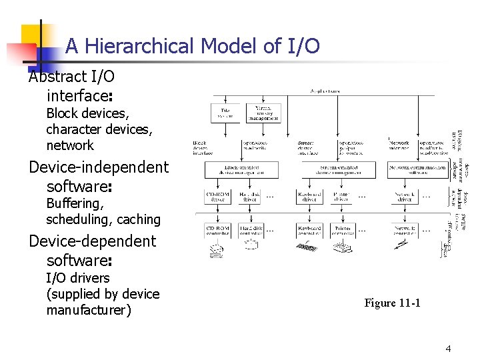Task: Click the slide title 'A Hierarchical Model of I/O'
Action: click(192, 46)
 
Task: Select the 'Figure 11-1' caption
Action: click(392, 303)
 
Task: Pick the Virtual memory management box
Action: click(262, 113)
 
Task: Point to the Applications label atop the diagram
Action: click(325, 91)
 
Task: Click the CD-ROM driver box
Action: click(219, 196)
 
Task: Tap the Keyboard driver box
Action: click(310, 196)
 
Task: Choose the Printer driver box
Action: click(341, 196)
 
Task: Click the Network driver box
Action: click(405, 196)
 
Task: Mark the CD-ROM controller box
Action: click(219, 230)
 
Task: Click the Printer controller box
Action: click(341, 230)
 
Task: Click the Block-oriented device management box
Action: click(241, 170)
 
